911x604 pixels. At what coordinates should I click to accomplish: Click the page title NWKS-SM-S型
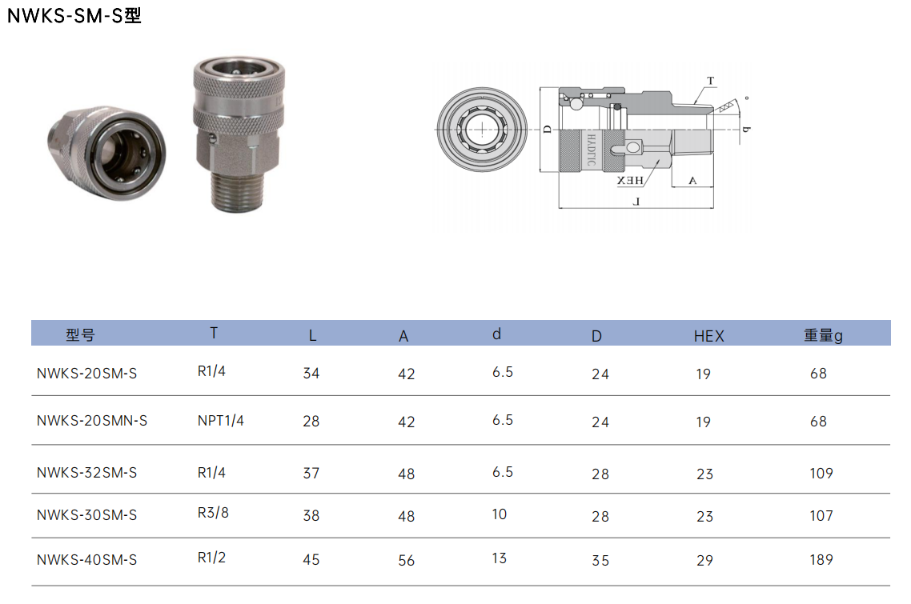pos(74,16)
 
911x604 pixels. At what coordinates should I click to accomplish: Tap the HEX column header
pos(708,336)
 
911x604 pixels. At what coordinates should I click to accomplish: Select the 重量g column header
pos(823,335)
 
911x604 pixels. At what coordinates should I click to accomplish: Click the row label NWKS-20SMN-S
pos(92,421)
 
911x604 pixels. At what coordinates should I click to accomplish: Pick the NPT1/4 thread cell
pos(221,421)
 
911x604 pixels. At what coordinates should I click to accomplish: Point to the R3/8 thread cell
pos(213,513)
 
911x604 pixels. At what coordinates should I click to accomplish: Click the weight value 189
pos(821,560)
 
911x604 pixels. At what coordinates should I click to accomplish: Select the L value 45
pos(311,560)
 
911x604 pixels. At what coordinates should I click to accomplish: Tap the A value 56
pos(407,561)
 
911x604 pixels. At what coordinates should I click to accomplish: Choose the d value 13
pos(500,558)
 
